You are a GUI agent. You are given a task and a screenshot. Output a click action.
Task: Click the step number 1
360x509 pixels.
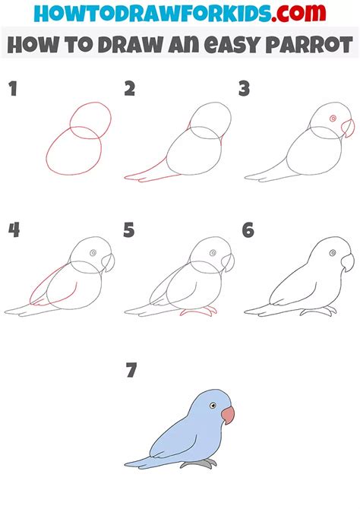click(x=12, y=90)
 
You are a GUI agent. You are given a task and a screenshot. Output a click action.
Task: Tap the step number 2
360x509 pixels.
click(x=129, y=90)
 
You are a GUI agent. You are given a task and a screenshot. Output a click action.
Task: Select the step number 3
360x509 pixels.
click(x=244, y=90)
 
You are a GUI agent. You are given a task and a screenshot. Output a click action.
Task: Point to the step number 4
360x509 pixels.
click(x=13, y=230)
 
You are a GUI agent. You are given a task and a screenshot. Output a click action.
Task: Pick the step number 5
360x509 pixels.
click(x=129, y=230)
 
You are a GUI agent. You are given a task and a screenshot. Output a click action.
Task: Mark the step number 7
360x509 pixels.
click(x=131, y=371)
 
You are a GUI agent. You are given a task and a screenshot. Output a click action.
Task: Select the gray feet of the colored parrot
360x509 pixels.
click(x=204, y=462)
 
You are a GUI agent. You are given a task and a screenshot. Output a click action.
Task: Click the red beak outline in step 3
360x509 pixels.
click(x=348, y=125)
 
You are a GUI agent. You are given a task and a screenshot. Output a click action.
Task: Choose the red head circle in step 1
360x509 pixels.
click(x=90, y=120)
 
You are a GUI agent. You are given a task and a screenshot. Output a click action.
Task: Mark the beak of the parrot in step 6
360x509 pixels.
click(x=348, y=263)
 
